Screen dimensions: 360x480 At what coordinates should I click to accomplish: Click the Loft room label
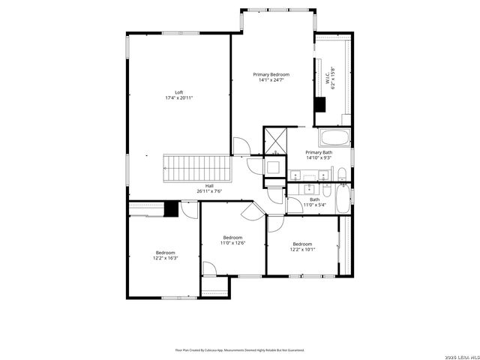178,92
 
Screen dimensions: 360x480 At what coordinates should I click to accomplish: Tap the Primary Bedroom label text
271,74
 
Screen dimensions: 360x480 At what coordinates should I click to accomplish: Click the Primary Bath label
318,152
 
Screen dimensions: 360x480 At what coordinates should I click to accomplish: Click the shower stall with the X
274,139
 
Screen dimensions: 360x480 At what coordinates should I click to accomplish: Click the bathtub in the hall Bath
342,199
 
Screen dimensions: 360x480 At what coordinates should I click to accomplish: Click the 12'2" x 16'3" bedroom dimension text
166,258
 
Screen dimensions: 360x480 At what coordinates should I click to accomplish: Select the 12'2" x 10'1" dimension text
302,249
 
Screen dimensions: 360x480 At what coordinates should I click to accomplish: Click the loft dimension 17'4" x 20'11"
178,98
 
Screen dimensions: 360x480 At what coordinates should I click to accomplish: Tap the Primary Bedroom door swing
240,147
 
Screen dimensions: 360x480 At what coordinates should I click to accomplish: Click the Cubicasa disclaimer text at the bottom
240,349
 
